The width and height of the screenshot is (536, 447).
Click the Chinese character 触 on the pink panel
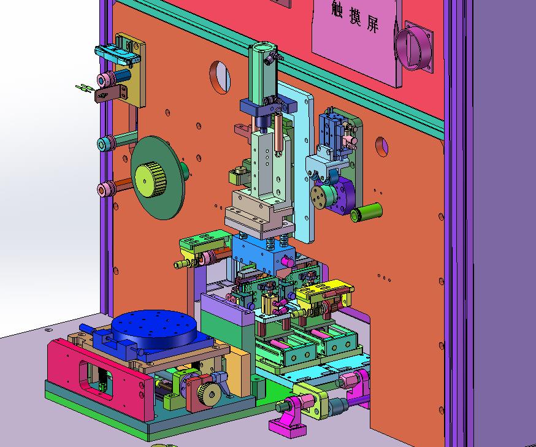click(337, 8)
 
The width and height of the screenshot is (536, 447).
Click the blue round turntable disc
click(154, 328)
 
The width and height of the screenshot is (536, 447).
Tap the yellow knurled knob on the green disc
click(150, 180)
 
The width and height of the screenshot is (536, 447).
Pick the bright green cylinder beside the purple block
click(366, 212)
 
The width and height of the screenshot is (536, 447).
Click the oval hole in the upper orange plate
click(220, 77)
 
